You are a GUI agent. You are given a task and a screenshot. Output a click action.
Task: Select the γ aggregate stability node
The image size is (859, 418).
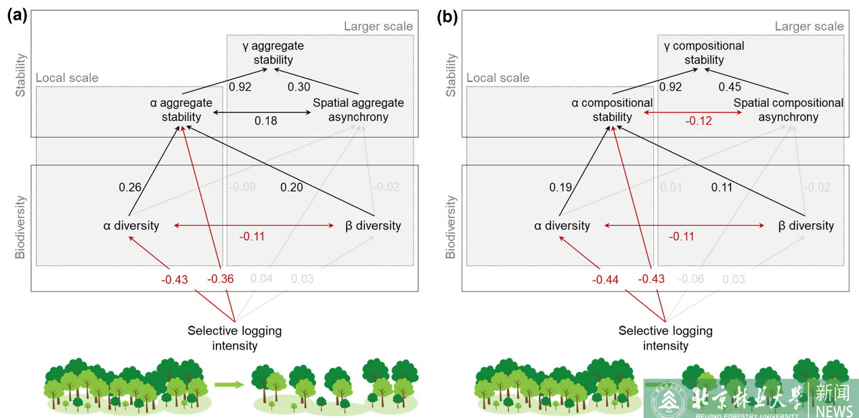[x=273, y=53]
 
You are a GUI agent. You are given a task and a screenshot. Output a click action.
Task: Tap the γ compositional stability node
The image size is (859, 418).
[x=704, y=53]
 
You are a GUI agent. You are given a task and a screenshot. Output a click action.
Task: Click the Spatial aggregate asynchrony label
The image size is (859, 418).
[x=358, y=110]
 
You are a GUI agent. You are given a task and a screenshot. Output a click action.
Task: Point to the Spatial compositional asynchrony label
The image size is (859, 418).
[x=789, y=110]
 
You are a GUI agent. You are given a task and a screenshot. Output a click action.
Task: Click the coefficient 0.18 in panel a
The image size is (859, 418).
[x=265, y=121]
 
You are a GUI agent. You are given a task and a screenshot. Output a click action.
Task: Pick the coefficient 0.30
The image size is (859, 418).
[x=299, y=87]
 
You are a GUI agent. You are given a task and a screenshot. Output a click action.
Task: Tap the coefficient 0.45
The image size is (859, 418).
[x=730, y=87]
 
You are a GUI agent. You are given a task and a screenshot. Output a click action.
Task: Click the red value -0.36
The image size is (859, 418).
[x=220, y=279]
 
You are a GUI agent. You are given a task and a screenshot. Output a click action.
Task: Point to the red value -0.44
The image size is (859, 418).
[x=605, y=279]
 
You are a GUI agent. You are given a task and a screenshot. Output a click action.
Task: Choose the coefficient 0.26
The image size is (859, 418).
[x=131, y=187]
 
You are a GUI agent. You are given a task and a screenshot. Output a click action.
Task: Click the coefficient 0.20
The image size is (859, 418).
[x=292, y=187]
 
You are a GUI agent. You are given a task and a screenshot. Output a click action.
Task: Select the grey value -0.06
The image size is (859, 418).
[x=690, y=279]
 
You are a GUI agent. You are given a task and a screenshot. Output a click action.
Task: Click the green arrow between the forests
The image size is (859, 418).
[x=229, y=385]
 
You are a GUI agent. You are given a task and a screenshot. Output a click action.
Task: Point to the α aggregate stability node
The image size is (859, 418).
[x=181, y=110]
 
